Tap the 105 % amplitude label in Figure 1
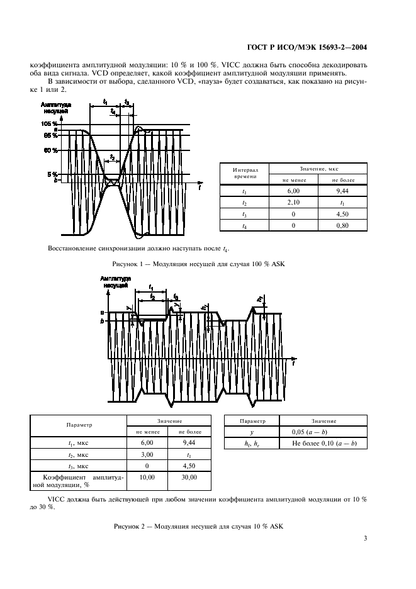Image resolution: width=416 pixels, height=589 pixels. pyautogui.click(x=50, y=124)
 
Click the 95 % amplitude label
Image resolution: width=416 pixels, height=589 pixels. pyautogui.click(x=51, y=135)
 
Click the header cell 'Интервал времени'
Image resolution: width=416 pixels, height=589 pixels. pyautogui.click(x=242, y=174)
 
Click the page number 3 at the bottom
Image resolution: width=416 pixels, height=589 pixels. pyautogui.click(x=366, y=537)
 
